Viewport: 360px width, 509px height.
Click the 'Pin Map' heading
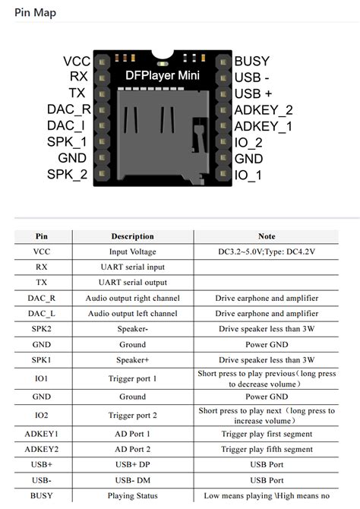pyautogui.click(x=35, y=13)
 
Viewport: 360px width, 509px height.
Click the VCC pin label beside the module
pyautogui.click(x=77, y=61)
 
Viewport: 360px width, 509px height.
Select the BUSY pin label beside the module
pyautogui.click(x=252, y=61)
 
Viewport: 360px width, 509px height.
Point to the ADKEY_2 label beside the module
pyautogui.click(x=264, y=110)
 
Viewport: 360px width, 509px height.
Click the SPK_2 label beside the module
pyautogui.click(x=68, y=175)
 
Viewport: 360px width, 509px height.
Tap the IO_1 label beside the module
pyautogui.click(x=248, y=175)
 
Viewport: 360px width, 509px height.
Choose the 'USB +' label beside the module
pyautogui.click(x=253, y=93)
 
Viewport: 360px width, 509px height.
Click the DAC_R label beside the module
pyautogui.click(x=69, y=110)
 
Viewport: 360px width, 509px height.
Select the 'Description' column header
pyautogui.click(x=132, y=236)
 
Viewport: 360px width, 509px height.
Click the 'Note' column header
pyautogui.click(x=267, y=236)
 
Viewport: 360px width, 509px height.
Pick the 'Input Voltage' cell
pyautogui.click(x=132, y=251)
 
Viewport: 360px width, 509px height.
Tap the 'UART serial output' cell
pyautogui.click(x=132, y=283)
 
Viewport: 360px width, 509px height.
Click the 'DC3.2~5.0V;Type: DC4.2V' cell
pyautogui.click(x=267, y=251)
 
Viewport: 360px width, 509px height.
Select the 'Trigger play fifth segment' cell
pyautogui.click(x=267, y=449)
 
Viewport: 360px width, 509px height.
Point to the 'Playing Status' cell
pyautogui.click(x=132, y=495)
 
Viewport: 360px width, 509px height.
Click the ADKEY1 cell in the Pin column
pyautogui.click(x=41, y=434)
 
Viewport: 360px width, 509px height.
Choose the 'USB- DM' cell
pyautogui.click(x=132, y=480)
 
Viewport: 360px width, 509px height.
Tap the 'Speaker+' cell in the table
pyautogui.click(x=132, y=359)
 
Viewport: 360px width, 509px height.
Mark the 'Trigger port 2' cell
pyautogui.click(x=132, y=416)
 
